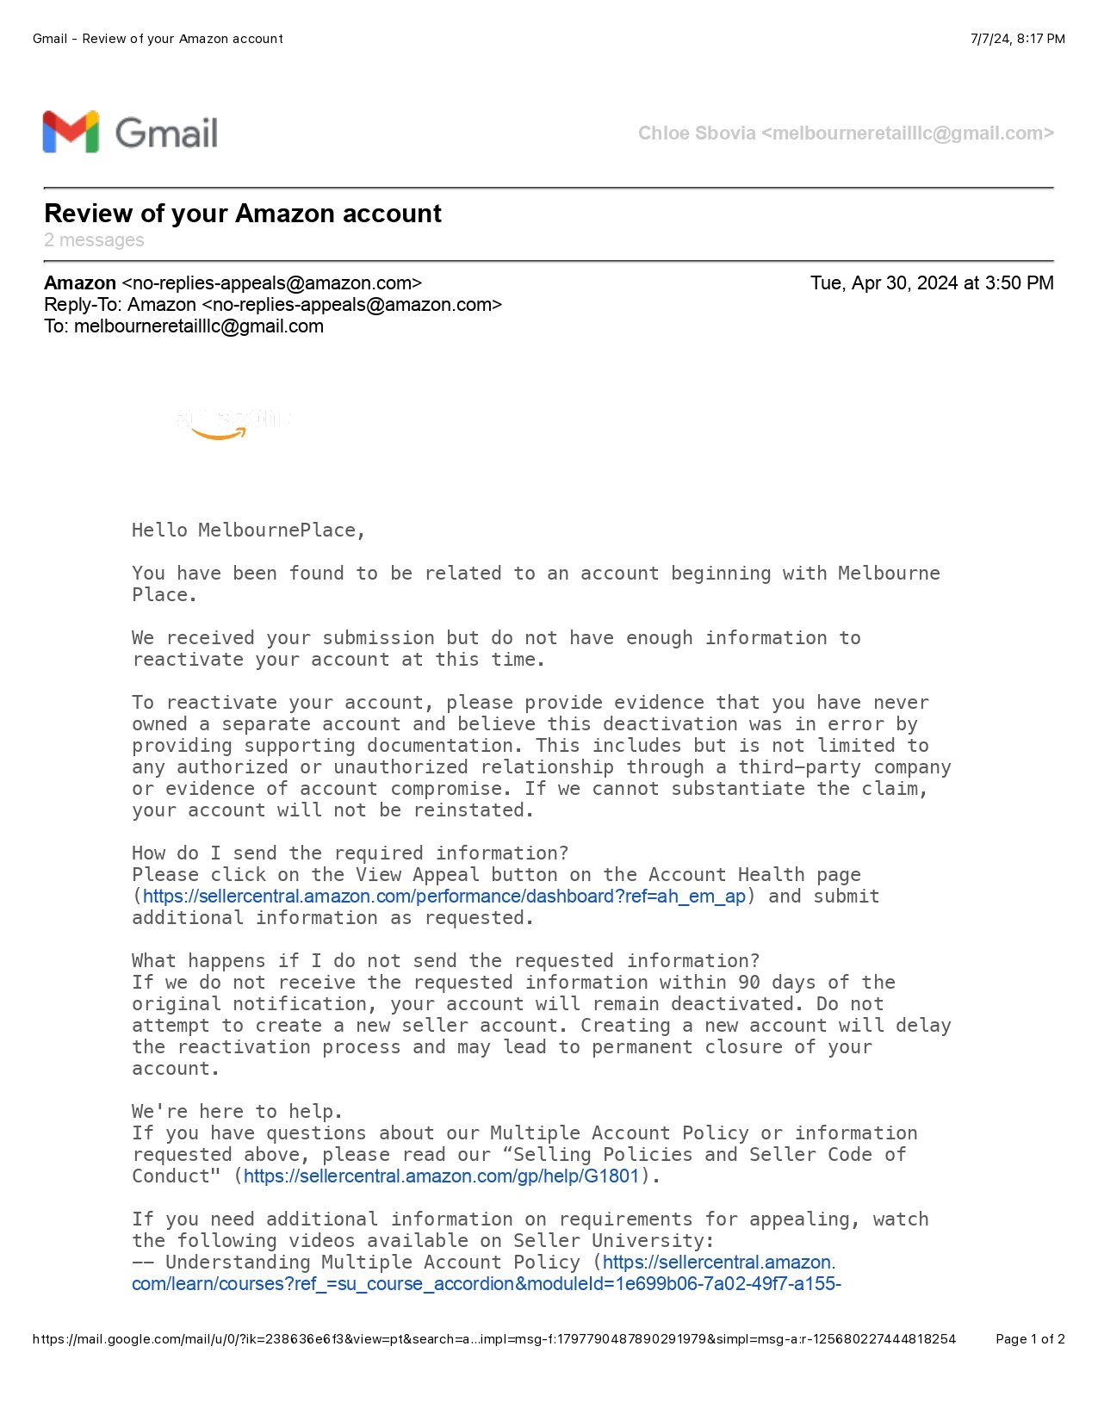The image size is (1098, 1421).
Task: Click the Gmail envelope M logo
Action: (71, 133)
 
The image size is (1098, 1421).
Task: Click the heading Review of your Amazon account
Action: (242, 214)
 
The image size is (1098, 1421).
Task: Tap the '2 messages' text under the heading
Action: (94, 240)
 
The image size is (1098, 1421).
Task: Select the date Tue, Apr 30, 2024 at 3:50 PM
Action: (931, 283)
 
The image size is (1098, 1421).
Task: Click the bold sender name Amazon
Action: (80, 283)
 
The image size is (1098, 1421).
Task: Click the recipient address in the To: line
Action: (199, 326)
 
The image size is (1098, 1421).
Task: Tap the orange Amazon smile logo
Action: (219, 433)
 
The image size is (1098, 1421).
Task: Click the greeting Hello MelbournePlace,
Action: (248, 531)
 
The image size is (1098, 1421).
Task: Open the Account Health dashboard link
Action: (444, 897)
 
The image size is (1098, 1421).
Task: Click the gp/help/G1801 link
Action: (441, 1176)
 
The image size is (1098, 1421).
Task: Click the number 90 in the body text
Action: (749, 983)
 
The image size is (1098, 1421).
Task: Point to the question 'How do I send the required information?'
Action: (350, 853)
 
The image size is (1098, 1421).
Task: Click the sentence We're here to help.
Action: (237, 1112)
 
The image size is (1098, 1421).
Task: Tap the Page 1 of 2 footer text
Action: (1030, 1339)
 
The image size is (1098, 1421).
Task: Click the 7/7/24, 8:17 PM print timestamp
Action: (1017, 39)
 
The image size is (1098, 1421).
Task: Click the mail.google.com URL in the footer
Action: (493, 1339)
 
